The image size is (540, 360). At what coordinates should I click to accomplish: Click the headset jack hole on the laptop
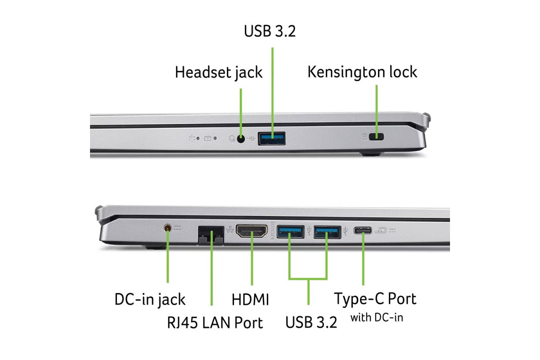241,139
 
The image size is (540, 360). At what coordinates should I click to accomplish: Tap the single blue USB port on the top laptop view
272,138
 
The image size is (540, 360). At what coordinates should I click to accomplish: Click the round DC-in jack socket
168,229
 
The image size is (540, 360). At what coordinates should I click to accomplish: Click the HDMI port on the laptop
252,232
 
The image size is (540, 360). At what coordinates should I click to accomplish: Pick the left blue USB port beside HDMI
290,232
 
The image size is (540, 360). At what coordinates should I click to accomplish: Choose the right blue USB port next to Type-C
327,232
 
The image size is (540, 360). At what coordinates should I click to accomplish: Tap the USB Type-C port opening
363,231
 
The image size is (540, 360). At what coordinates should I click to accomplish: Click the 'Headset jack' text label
218,72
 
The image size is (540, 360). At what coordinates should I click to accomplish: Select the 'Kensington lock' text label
362,72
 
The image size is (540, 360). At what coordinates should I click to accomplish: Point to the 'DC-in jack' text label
150,299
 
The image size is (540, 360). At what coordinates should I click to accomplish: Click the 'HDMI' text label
250,299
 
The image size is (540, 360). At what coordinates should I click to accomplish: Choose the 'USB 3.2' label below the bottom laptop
311,322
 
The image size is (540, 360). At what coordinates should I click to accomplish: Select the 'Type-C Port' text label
375,298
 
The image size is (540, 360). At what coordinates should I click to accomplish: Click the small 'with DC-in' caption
377,318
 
